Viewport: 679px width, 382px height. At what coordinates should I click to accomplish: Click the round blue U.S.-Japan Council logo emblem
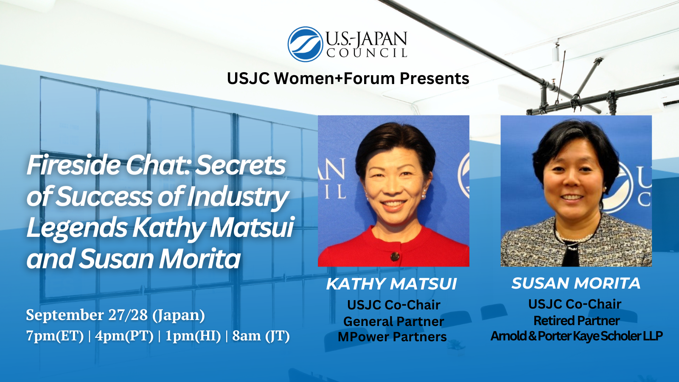(305, 44)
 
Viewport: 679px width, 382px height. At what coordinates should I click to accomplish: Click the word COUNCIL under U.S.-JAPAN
(367, 53)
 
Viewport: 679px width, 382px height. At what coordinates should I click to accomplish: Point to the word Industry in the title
(238, 197)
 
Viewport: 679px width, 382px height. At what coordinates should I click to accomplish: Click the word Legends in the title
(76, 228)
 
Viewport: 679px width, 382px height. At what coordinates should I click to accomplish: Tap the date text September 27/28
(87, 315)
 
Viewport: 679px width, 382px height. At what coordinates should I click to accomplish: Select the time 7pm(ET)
(55, 336)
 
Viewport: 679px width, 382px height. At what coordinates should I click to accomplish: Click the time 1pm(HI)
(193, 336)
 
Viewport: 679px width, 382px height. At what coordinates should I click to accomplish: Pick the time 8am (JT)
(261, 336)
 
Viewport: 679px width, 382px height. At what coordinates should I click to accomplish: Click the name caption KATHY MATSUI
(391, 284)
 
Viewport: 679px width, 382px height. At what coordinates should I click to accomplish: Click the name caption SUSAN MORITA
(576, 283)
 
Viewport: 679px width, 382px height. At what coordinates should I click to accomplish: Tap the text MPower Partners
(392, 337)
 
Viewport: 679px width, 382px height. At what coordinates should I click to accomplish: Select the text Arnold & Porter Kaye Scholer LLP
(576, 336)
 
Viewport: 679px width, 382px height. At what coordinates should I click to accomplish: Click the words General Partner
(393, 321)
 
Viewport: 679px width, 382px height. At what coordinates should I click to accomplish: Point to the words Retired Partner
(576, 320)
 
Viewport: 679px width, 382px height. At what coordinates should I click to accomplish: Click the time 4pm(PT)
(124, 336)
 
